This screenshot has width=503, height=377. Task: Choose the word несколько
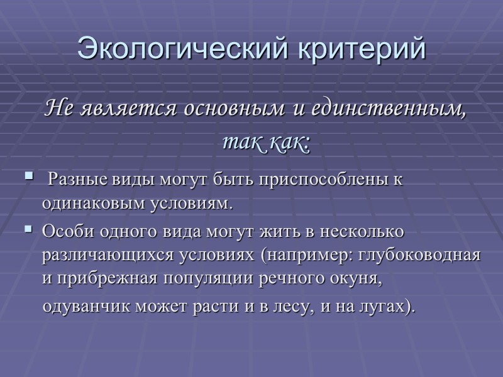[x=364, y=231]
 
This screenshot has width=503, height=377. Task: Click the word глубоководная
[x=423, y=256]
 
